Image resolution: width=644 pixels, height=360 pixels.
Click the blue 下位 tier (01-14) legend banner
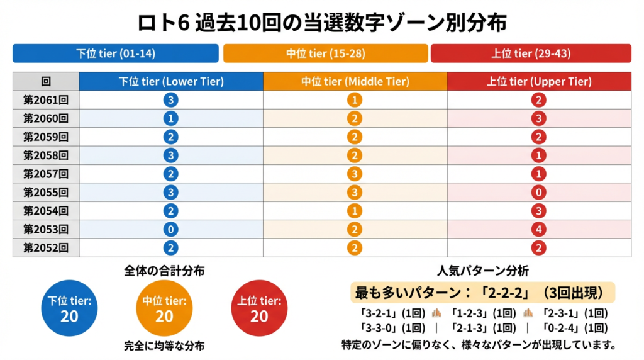click(x=116, y=53)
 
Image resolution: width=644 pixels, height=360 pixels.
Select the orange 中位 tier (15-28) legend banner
click(x=325, y=53)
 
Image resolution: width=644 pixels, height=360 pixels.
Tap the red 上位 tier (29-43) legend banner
click(x=531, y=53)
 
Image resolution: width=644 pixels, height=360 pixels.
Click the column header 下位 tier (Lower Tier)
click(x=171, y=82)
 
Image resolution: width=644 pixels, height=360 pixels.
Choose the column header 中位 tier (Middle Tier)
click(x=355, y=82)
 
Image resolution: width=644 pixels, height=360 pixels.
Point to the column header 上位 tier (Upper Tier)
click(x=539, y=82)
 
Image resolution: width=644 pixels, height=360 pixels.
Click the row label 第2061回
click(x=46, y=100)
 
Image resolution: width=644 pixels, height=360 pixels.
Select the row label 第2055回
click(x=46, y=193)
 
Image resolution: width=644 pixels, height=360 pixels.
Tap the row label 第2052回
click(x=46, y=248)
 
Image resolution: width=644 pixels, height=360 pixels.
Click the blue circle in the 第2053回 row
click(x=170, y=230)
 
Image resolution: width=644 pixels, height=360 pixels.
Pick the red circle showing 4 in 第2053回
click(x=538, y=230)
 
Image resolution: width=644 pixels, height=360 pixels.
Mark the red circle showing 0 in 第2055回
click(x=538, y=193)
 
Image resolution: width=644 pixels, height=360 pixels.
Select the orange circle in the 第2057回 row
click(x=355, y=174)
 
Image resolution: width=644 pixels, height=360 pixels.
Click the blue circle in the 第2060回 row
click(x=170, y=119)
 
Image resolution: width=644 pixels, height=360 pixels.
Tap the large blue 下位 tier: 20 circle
click(x=69, y=308)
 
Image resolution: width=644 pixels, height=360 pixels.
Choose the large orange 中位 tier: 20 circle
click(x=164, y=308)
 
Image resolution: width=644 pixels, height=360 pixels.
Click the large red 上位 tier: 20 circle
click(x=259, y=308)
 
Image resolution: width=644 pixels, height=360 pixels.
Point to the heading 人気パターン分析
click(x=482, y=272)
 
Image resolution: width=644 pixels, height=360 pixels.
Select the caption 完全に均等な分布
click(x=164, y=346)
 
